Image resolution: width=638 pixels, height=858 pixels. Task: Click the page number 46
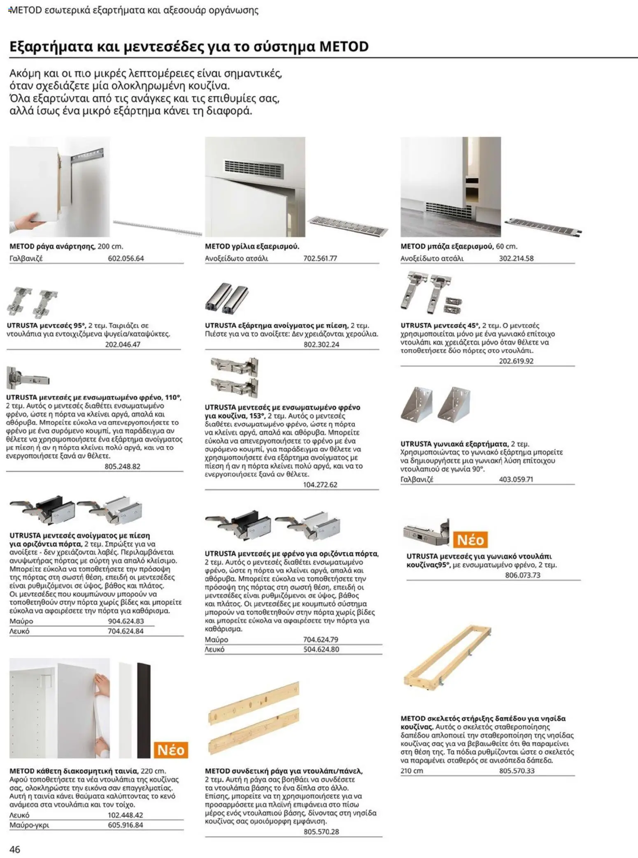tap(14, 849)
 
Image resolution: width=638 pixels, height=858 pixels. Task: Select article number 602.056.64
tap(126, 259)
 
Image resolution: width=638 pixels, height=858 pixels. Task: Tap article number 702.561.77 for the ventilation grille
tap(320, 259)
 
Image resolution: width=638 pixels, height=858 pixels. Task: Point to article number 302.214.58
tap(516, 259)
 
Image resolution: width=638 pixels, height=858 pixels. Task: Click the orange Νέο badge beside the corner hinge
tap(470, 539)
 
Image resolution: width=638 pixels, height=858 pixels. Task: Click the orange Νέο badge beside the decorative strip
tap(171, 750)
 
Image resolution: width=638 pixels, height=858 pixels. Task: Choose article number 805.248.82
tap(122, 467)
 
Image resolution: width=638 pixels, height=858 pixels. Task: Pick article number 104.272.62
tap(320, 485)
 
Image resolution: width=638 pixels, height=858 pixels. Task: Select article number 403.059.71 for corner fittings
tap(516, 479)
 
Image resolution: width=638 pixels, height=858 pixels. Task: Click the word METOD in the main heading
tap(344, 46)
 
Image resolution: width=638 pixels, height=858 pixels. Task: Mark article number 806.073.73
tap(522, 575)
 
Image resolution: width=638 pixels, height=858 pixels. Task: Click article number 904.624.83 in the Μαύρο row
tap(126, 621)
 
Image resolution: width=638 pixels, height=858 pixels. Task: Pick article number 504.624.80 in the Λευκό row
tap(321, 650)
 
